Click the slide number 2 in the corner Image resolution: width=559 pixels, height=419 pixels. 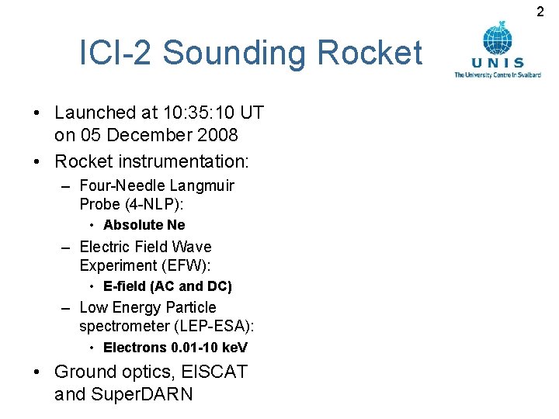pyautogui.click(x=541, y=11)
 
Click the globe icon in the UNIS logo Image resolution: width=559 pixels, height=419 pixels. pyautogui.click(x=497, y=38)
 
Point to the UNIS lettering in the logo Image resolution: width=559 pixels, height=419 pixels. pyautogui.click(x=498, y=63)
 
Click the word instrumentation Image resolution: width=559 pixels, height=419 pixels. pyautogui.click(x=184, y=162)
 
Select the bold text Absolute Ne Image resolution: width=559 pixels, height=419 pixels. pyautogui.click(x=144, y=225)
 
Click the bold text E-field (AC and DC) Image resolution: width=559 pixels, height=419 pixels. pyautogui.click(x=167, y=286)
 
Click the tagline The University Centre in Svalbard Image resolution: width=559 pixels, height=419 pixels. pyautogui.click(x=498, y=74)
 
